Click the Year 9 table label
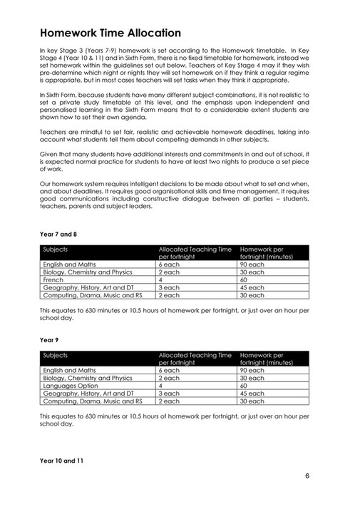[48, 341]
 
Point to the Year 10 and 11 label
[62, 461]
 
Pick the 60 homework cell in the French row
[244, 280]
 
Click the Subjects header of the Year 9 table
[56, 354]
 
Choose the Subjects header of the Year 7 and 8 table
[56, 250]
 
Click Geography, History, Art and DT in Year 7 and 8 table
[88, 288]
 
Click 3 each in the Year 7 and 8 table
[168, 288]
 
